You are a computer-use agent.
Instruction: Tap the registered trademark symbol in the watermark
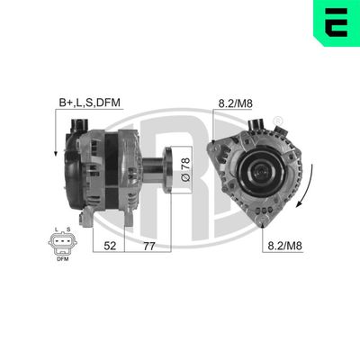pos(276,119)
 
